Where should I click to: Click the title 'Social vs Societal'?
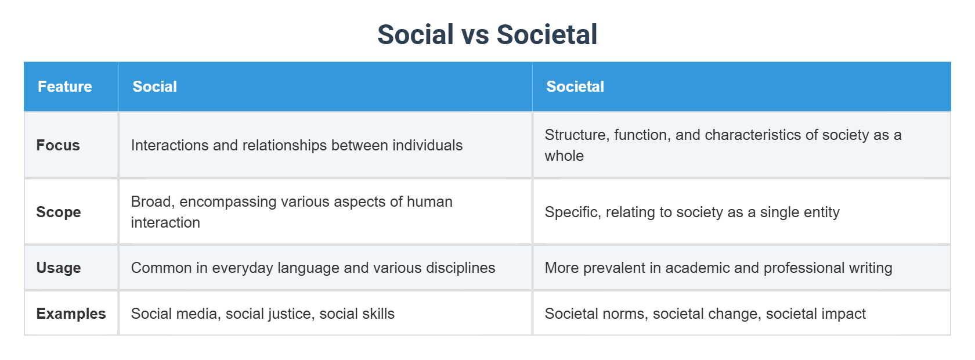(487, 34)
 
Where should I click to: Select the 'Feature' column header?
(65, 87)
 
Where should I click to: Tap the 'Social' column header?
(154, 87)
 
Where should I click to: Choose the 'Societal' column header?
(575, 87)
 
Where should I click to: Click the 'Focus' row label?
(58, 145)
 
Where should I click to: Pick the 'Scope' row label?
(58, 212)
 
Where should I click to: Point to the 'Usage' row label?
(59, 268)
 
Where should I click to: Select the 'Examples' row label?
(71, 314)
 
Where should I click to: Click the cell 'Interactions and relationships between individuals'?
(297, 145)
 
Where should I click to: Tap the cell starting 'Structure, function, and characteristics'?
(723, 145)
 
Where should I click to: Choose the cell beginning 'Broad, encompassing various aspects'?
(291, 212)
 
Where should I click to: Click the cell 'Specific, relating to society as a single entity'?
(692, 212)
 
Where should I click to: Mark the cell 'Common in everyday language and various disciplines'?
(313, 268)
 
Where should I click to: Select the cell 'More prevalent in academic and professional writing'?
(718, 268)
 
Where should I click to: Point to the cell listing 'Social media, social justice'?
(262, 314)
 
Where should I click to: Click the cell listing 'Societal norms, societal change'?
(705, 314)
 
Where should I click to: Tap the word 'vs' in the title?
(475, 35)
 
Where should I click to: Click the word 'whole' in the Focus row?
(564, 156)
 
